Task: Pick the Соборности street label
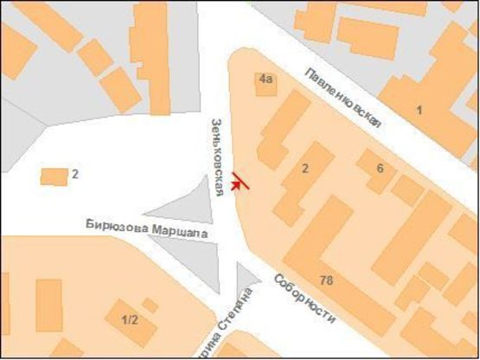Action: pyautogui.click(x=304, y=300)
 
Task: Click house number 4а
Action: pyautogui.click(x=266, y=79)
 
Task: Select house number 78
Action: pyautogui.click(x=326, y=280)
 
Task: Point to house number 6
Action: pyautogui.click(x=379, y=167)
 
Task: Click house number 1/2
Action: pyautogui.click(x=130, y=319)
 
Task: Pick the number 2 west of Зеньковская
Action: pyautogui.click(x=75, y=174)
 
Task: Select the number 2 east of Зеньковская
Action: pyautogui.click(x=304, y=169)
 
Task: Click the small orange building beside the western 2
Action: pyautogui.click(x=54, y=177)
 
